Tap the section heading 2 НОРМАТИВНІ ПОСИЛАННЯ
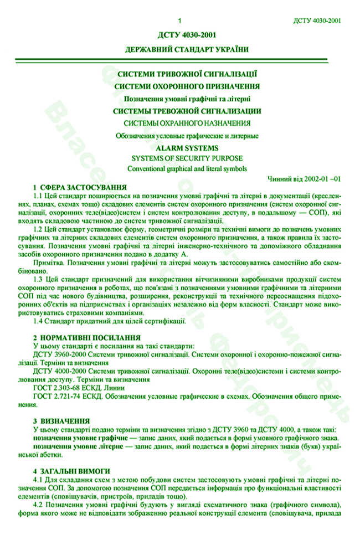click(x=86, y=337)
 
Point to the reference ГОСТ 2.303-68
click(x=60, y=389)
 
